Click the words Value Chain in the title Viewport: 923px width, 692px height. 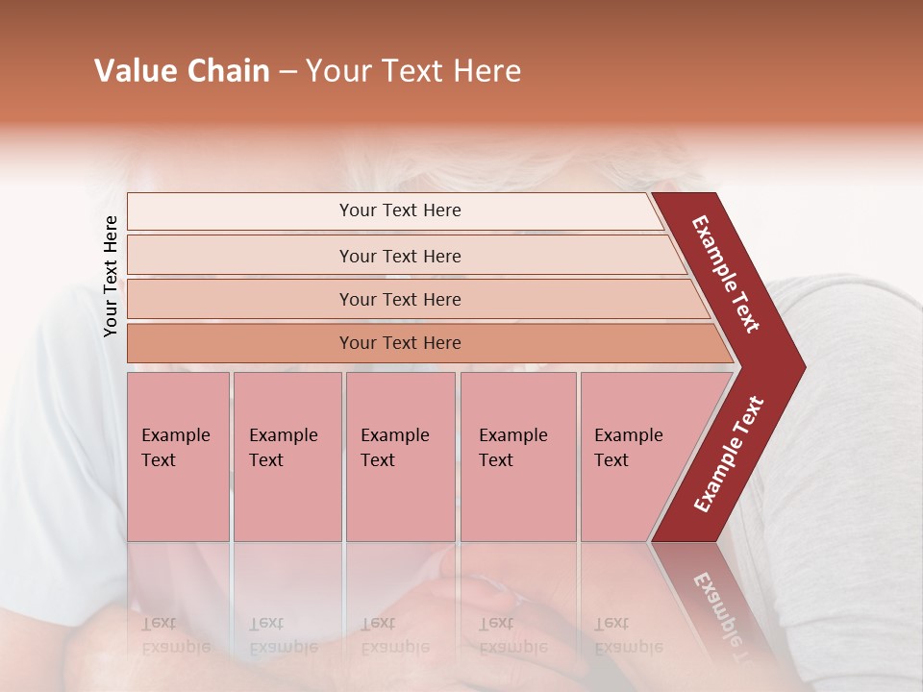point(182,71)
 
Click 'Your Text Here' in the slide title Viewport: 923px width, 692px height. point(413,71)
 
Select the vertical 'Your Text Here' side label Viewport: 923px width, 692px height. point(112,277)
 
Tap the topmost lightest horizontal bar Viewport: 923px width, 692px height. point(399,210)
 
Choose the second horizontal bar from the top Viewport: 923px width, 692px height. point(399,256)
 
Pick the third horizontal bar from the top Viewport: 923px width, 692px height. point(399,299)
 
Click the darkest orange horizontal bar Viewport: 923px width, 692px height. point(399,343)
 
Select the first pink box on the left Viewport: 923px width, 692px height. point(178,456)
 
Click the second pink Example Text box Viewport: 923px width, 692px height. point(287,456)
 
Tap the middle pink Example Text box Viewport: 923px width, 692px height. point(400,456)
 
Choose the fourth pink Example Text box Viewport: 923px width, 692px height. point(517,456)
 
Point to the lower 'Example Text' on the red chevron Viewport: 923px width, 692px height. point(729,455)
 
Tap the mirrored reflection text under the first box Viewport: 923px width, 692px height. point(175,635)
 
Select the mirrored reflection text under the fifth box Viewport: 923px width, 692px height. point(628,635)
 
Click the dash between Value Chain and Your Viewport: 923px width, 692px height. point(287,72)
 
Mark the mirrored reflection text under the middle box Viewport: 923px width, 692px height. point(394,635)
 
